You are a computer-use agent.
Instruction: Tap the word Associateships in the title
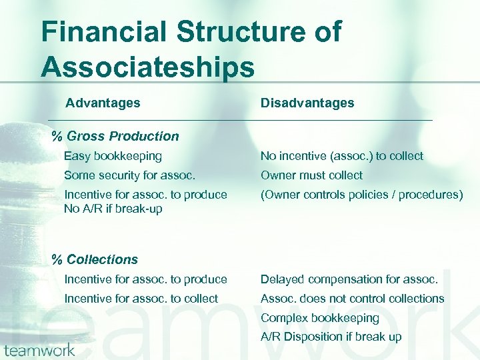coord(147,67)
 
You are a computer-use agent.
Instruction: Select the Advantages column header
coord(103,103)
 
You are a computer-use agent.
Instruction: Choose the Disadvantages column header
coord(307,103)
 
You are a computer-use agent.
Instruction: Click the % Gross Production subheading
coord(115,136)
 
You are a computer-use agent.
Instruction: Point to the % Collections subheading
coord(95,259)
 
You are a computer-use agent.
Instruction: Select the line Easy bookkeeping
coord(113,156)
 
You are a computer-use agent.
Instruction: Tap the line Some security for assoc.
coord(129,175)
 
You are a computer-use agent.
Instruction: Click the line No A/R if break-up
coord(113,208)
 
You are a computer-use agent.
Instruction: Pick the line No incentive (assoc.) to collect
coord(341,156)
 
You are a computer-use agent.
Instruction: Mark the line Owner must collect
coord(311,175)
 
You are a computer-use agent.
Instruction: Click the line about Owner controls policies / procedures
coord(361,195)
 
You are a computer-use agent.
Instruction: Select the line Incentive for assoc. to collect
coord(141,298)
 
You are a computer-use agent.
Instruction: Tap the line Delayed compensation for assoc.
coord(349,279)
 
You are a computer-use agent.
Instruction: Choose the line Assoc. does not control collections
coord(352,298)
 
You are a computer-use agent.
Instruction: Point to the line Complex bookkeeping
coord(319,318)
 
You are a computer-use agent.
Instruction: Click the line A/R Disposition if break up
coord(331,337)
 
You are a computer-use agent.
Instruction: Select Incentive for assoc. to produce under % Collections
coord(145,279)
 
